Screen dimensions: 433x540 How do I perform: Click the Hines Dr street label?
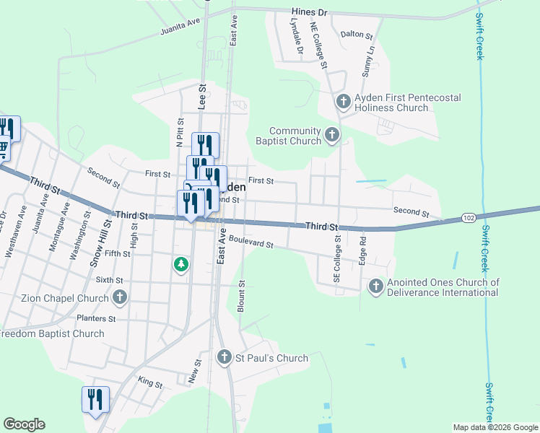310,12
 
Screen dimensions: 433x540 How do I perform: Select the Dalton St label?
356,34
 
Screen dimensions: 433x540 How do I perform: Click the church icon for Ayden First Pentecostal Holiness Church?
343,101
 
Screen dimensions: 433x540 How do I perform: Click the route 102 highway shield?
469,218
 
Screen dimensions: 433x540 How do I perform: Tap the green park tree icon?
180,266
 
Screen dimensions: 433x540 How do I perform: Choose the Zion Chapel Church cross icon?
120,297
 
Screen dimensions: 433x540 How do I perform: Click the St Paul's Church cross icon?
224,357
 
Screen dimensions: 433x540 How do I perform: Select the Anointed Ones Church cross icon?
375,287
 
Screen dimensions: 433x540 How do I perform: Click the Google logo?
24,425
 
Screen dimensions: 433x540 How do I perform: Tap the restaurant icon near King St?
95,398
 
